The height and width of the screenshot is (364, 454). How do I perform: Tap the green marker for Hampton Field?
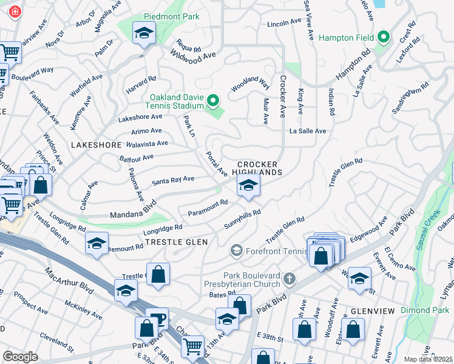click(383, 38)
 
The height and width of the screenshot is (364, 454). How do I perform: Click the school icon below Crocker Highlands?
click(248, 186)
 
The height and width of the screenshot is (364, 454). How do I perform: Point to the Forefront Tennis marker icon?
click(237, 250)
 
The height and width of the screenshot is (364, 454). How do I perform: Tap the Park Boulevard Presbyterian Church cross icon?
click(290, 279)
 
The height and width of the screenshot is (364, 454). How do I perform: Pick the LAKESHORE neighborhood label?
click(97, 146)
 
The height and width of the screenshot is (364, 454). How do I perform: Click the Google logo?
click(20, 356)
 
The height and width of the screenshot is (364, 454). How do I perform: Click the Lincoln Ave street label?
click(285, 23)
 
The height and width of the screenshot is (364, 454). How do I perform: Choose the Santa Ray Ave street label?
click(173, 180)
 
